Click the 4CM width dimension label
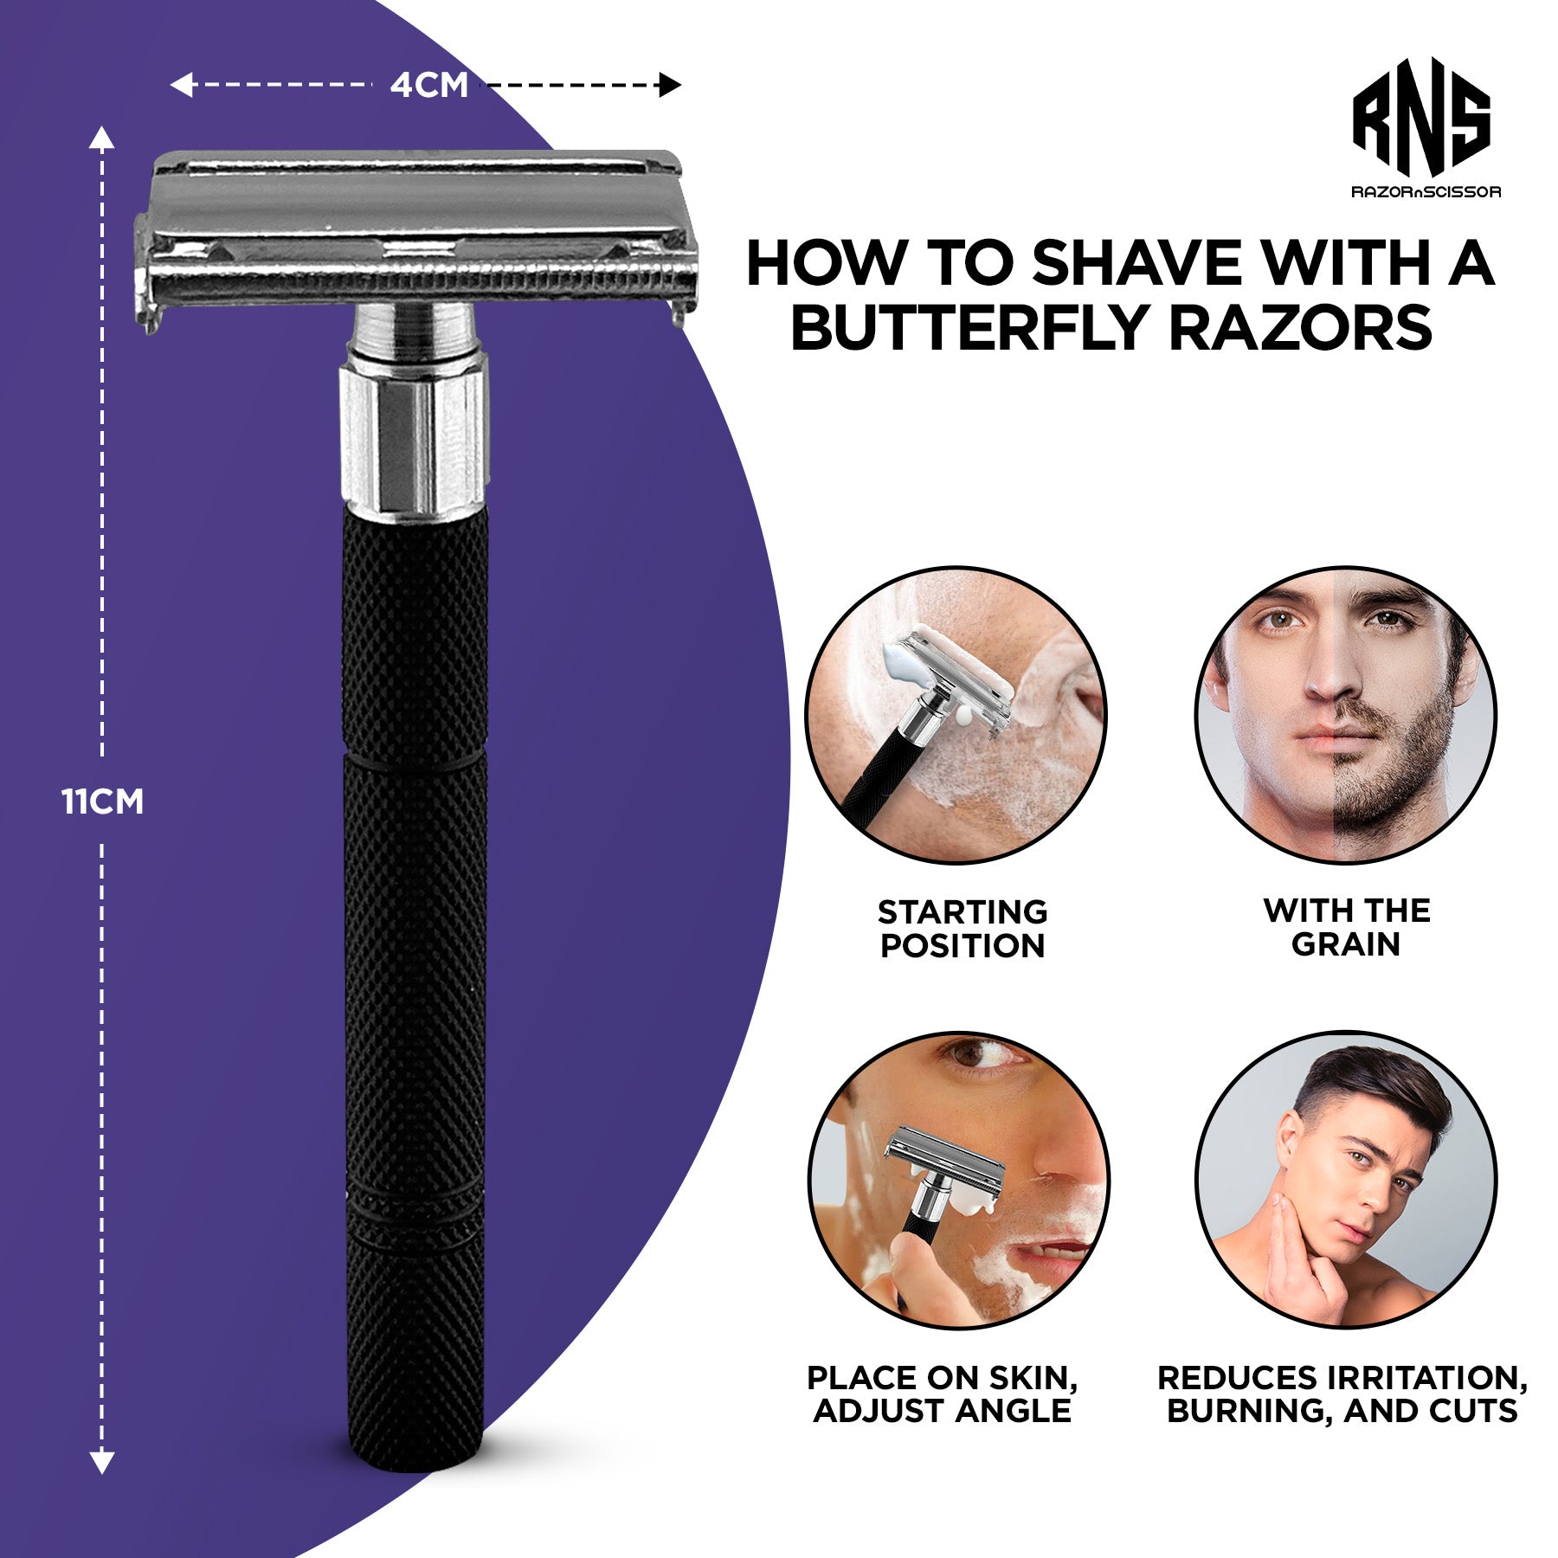click(429, 85)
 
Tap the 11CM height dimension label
click(102, 802)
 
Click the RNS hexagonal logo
click(1422, 118)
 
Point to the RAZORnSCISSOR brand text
click(1426, 191)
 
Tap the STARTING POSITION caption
click(962, 929)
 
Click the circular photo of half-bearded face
click(1346, 715)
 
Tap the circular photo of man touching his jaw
click(1346, 1180)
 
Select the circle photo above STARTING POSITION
click(956, 715)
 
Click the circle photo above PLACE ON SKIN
click(958, 1180)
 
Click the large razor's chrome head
click(415, 234)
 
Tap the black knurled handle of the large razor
click(415, 987)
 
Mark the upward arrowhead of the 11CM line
click(102, 138)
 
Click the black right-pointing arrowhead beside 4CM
click(670, 85)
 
